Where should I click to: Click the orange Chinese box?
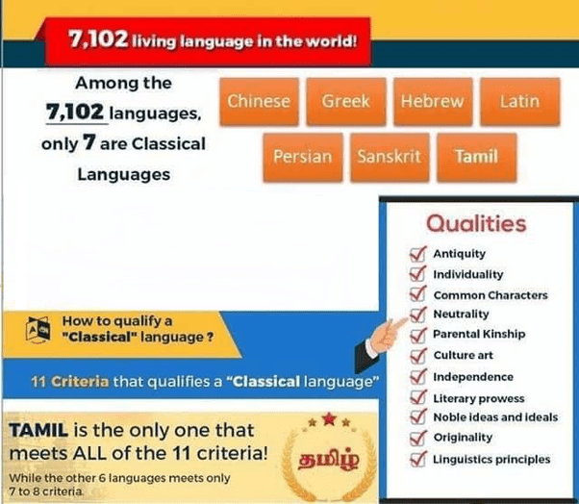[260, 101]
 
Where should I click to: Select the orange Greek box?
[346, 101]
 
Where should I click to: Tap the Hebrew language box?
[433, 101]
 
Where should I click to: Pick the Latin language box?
[520, 101]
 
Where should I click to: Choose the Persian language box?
[303, 157]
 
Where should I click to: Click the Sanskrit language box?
[390, 157]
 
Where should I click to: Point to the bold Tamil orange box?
[477, 157]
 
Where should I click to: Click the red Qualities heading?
[476, 224]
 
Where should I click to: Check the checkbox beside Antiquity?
[418, 254]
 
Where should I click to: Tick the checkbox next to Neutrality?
[418, 315]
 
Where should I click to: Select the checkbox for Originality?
[418, 438]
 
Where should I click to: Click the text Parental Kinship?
[479, 334]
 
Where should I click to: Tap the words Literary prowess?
[479, 398]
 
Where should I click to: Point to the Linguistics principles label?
[491, 460]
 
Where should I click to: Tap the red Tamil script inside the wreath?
[328, 460]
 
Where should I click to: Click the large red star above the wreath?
[329, 419]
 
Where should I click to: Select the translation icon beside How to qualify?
[38, 330]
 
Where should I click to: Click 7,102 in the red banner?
[98, 38]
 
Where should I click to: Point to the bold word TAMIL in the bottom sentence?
[38, 431]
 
